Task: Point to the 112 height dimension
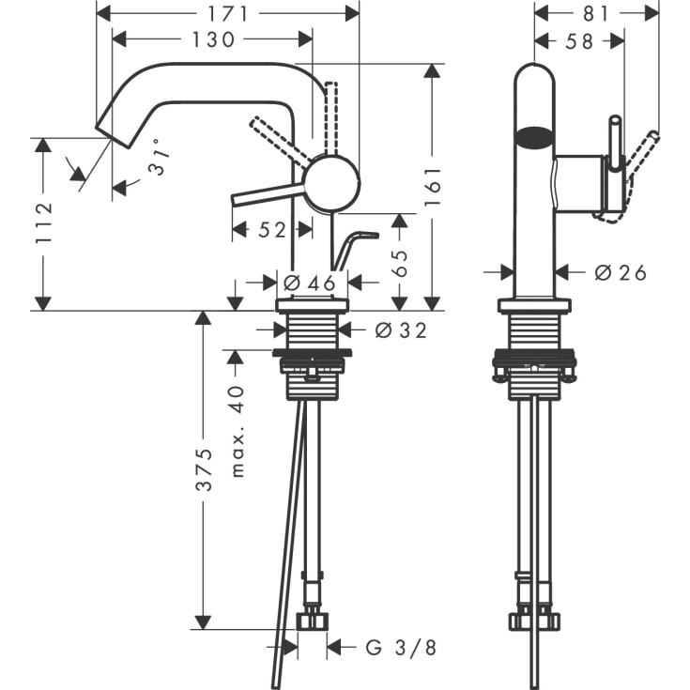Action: [43, 223]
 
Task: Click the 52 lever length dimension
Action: [271, 230]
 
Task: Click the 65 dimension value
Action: [400, 262]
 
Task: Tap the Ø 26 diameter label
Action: [621, 272]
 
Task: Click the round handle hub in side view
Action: [332, 183]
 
